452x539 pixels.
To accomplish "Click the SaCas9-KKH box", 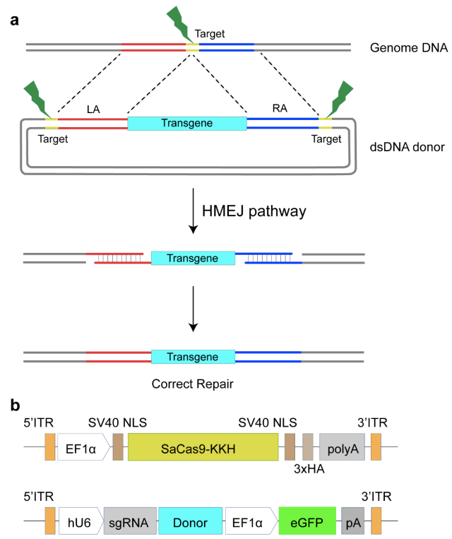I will click(x=203, y=448).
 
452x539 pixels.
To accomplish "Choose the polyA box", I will click(x=342, y=448).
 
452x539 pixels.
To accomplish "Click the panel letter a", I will click(x=15, y=19).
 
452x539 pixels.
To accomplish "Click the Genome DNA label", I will click(x=400, y=49).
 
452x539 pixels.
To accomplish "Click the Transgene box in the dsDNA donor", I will click(x=187, y=122).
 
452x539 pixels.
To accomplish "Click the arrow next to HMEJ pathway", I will click(x=193, y=210).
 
